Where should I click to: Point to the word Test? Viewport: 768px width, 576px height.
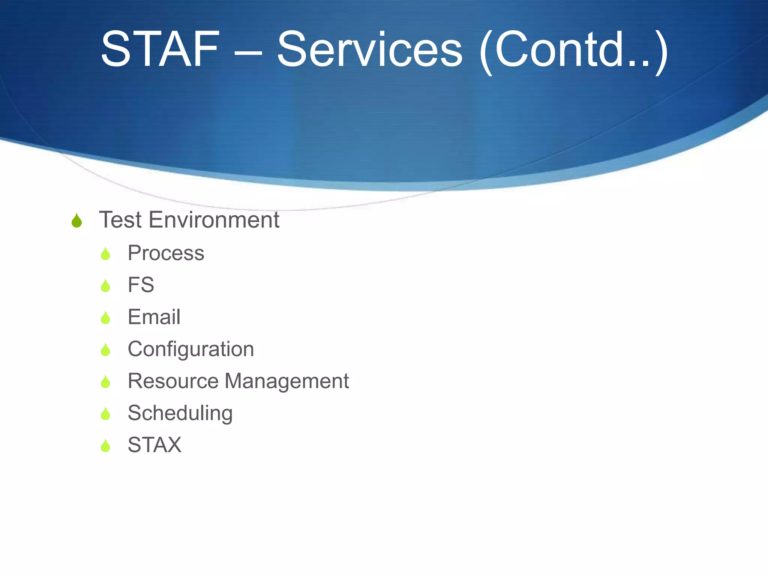120,220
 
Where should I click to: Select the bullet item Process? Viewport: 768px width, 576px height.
166,253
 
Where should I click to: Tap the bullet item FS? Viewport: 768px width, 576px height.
141,285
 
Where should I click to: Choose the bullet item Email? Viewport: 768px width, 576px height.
154,317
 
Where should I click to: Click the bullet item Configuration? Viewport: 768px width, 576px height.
190,349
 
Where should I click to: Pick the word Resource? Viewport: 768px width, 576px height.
173,381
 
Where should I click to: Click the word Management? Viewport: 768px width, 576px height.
287,382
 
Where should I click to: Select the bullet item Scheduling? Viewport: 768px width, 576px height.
180,413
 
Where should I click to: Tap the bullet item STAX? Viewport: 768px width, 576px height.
154,445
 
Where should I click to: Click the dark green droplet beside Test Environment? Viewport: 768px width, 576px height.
76,221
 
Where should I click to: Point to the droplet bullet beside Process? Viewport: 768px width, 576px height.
105,254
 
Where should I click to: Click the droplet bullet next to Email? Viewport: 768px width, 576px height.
105,318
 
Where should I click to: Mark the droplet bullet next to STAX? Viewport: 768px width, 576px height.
105,446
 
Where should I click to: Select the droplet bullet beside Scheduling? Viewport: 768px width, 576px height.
105,414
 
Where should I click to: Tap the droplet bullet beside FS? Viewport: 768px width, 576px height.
105,286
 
